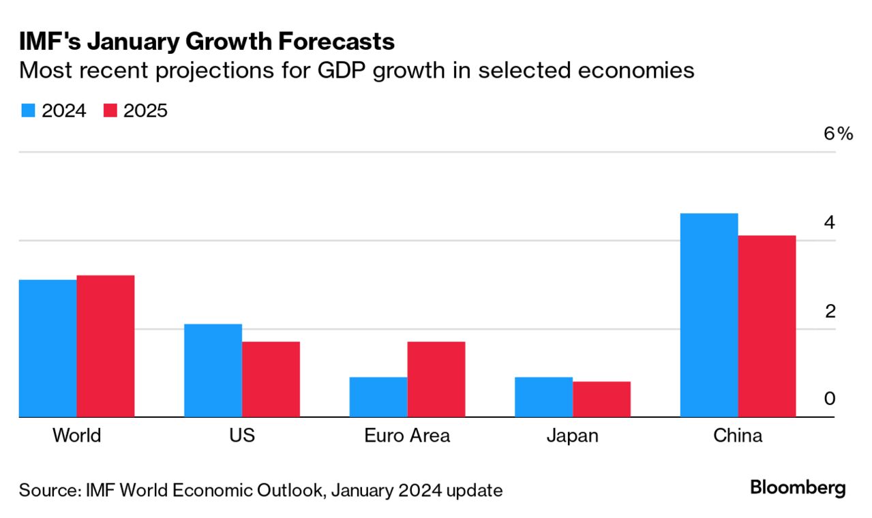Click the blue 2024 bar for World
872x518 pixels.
[x=48, y=348]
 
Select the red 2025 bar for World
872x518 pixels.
[x=106, y=346]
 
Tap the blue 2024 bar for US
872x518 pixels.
[x=213, y=370]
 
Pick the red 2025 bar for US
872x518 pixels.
[x=271, y=379]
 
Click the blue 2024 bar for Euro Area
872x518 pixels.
[x=378, y=397]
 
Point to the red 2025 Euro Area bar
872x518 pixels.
[x=436, y=379]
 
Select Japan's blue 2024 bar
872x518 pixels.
[x=543, y=397]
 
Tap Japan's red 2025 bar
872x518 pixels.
[x=601, y=399]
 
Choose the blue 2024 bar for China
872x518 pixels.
[x=709, y=315]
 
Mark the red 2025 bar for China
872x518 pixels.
[x=767, y=326]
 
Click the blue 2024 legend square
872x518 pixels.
[x=27, y=111]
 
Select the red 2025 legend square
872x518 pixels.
[x=110, y=111]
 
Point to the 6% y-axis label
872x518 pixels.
[x=838, y=134]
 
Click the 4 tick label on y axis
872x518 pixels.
[x=829, y=222]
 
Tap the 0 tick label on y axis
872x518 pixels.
[x=829, y=399]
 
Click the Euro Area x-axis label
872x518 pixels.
[x=407, y=436]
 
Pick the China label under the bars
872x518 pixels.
[x=738, y=436]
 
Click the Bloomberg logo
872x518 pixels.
[x=798, y=488]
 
